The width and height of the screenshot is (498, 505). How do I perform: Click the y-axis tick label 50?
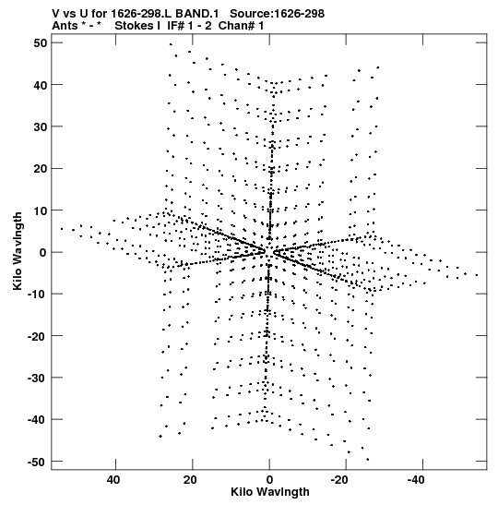[x=41, y=42]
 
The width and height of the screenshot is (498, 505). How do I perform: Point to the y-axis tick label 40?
[x=41, y=85]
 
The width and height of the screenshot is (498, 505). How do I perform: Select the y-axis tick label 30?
[x=41, y=126]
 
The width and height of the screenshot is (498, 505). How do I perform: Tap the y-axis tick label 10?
[x=41, y=210]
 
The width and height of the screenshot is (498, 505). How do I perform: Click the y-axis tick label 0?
[x=43, y=253]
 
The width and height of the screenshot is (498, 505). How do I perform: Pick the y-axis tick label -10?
[x=38, y=295]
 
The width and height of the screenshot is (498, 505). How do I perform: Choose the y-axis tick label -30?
[x=38, y=379]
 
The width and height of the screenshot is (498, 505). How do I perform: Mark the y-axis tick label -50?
[x=38, y=463]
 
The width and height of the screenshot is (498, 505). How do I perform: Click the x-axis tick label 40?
[x=113, y=480]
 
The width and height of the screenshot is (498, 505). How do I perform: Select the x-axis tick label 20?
[x=190, y=480]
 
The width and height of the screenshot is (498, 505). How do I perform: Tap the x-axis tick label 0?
[x=269, y=480]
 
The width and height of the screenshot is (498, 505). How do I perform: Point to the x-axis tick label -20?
[x=339, y=480]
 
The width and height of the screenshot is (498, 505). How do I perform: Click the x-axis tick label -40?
[x=416, y=480]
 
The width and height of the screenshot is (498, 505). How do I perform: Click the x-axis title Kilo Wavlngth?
[x=270, y=492]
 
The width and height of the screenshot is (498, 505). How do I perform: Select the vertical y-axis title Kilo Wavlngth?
[x=18, y=251]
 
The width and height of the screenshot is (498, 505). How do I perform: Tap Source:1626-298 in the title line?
[x=278, y=14]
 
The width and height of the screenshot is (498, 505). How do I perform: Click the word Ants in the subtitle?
[x=65, y=26]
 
